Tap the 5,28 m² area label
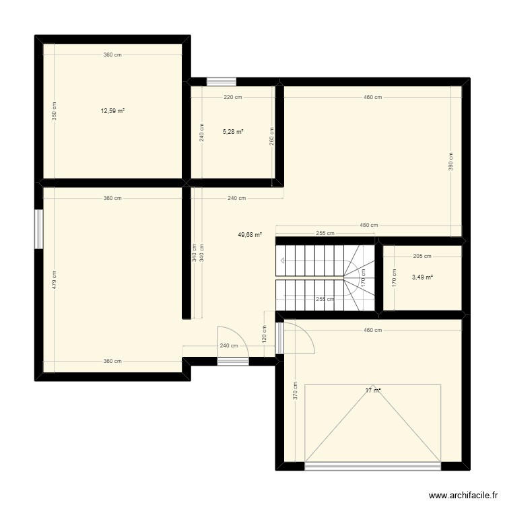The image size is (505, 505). pyautogui.click(x=233, y=132)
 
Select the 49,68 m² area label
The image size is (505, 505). pyautogui.click(x=249, y=235)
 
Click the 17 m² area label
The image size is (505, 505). pyautogui.click(x=373, y=390)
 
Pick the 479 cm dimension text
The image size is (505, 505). pyautogui.click(x=55, y=279)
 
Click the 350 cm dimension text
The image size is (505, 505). pyautogui.click(x=55, y=111)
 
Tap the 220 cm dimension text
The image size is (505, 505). pyautogui.click(x=233, y=98)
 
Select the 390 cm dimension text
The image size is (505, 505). pyautogui.click(x=451, y=162)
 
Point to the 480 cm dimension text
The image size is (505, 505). pyautogui.click(x=369, y=226)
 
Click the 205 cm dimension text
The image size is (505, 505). pyautogui.click(x=422, y=256)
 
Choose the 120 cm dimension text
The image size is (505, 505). pyautogui.click(x=265, y=334)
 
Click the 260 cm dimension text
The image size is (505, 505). pyautogui.click(x=271, y=137)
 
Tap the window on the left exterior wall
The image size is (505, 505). pyautogui.click(x=39, y=229)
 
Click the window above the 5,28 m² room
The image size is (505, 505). pyautogui.click(x=221, y=82)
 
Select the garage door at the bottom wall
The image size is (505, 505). pyautogui.click(x=372, y=465)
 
